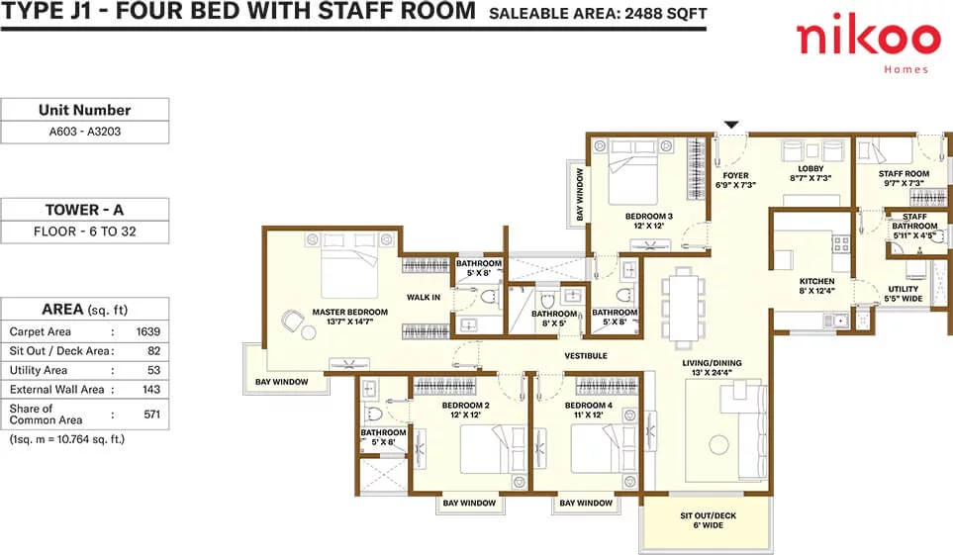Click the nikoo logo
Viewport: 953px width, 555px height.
pyautogui.click(x=869, y=45)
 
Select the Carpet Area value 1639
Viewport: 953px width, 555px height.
pyautogui.click(x=147, y=331)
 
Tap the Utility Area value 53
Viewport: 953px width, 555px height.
pyautogui.click(x=153, y=370)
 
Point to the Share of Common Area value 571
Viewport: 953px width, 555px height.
pyautogui.click(x=152, y=414)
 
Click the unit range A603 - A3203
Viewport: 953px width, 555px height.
pyautogui.click(x=85, y=132)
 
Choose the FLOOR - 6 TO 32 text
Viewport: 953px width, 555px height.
pyautogui.click(x=85, y=231)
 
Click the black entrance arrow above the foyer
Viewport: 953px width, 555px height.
pyautogui.click(x=731, y=125)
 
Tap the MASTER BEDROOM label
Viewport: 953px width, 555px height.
pyautogui.click(x=350, y=312)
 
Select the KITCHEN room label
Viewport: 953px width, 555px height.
pyautogui.click(x=816, y=281)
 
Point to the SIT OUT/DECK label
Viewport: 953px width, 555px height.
pyautogui.click(x=708, y=515)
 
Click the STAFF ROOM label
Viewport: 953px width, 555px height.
pyautogui.click(x=904, y=174)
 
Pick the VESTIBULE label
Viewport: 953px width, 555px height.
pyautogui.click(x=586, y=355)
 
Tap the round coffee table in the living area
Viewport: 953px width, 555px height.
pyautogui.click(x=719, y=444)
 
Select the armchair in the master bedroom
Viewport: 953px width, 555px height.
pyautogui.click(x=292, y=320)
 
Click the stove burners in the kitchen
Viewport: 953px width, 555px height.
pyautogui.click(x=841, y=243)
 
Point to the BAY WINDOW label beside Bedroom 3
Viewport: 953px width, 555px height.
pyautogui.click(x=579, y=195)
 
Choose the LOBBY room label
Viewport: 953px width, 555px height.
pyautogui.click(x=810, y=169)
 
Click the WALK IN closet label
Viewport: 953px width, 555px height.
pyautogui.click(x=424, y=297)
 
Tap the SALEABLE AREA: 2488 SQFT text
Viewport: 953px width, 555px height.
pyautogui.click(x=598, y=14)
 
